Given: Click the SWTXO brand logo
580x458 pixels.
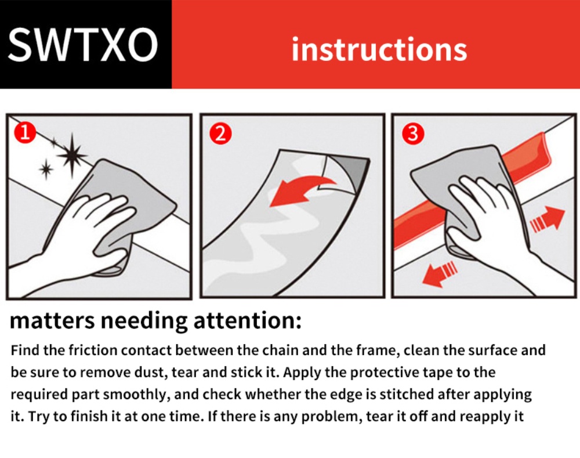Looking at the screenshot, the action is [x=83, y=45].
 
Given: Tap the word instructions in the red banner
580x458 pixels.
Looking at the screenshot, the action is [x=379, y=49].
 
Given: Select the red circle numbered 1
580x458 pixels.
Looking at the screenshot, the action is [x=25, y=133].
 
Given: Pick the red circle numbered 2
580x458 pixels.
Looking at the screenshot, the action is [x=220, y=134].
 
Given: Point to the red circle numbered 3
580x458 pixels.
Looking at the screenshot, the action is [x=413, y=134].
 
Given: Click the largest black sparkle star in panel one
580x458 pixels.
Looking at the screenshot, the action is [x=72, y=155].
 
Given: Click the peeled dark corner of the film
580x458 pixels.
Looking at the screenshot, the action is [x=346, y=170].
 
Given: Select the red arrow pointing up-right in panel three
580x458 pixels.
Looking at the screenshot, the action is [x=548, y=219].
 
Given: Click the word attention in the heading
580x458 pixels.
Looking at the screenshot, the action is [x=248, y=320].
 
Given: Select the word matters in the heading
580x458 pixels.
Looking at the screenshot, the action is [x=52, y=320].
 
